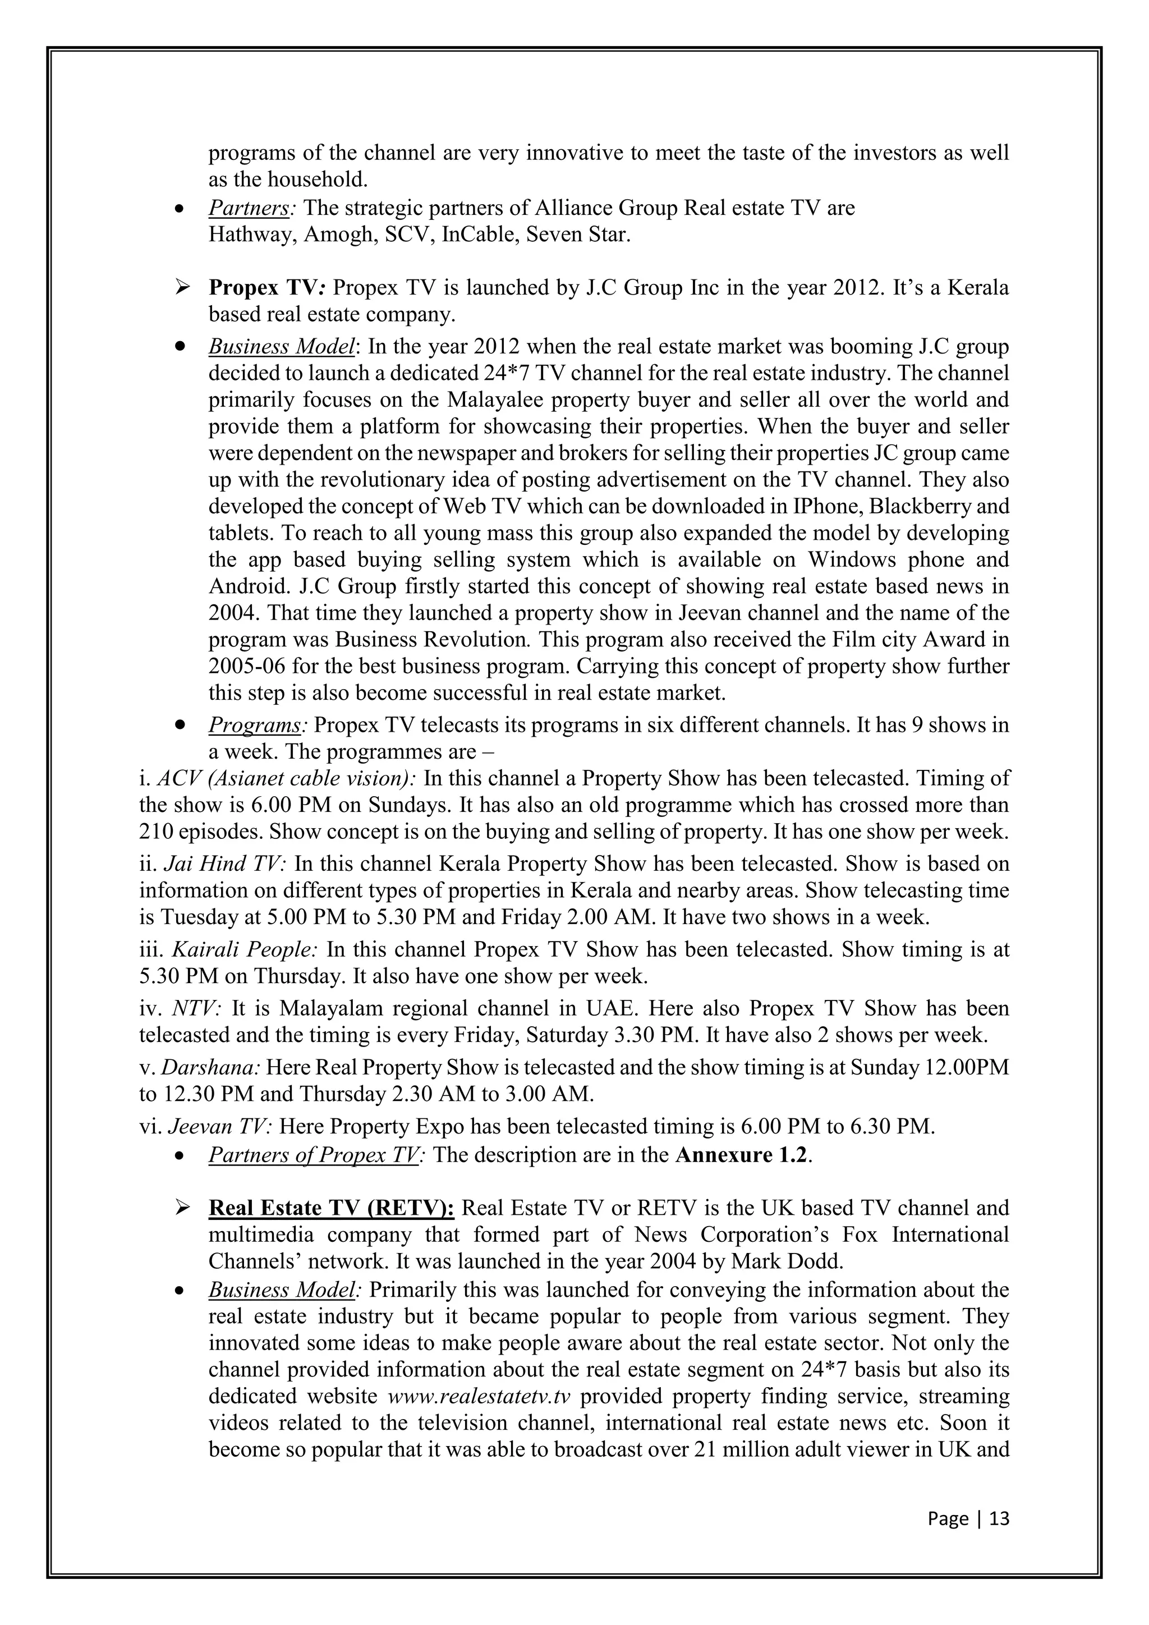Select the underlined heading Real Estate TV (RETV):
pos(331,1208)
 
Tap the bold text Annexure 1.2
pos(742,1154)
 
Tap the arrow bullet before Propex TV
pos(182,287)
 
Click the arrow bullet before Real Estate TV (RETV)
pos(182,1208)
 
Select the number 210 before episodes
pos(155,831)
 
